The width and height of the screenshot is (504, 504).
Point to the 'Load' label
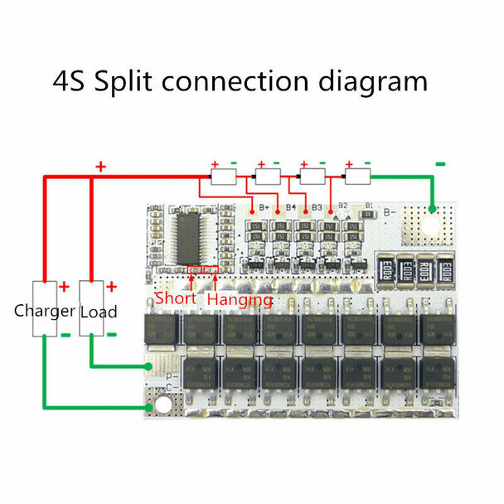point(98,312)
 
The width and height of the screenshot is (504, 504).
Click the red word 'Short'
point(175,298)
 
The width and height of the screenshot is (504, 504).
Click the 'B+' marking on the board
point(266,207)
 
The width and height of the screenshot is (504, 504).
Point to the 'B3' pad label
point(315,207)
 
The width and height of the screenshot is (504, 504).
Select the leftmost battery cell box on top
point(225,177)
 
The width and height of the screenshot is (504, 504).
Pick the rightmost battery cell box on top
point(357,177)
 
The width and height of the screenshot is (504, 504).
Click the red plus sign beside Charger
point(63,288)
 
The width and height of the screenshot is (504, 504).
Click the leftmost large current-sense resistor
point(386,269)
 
